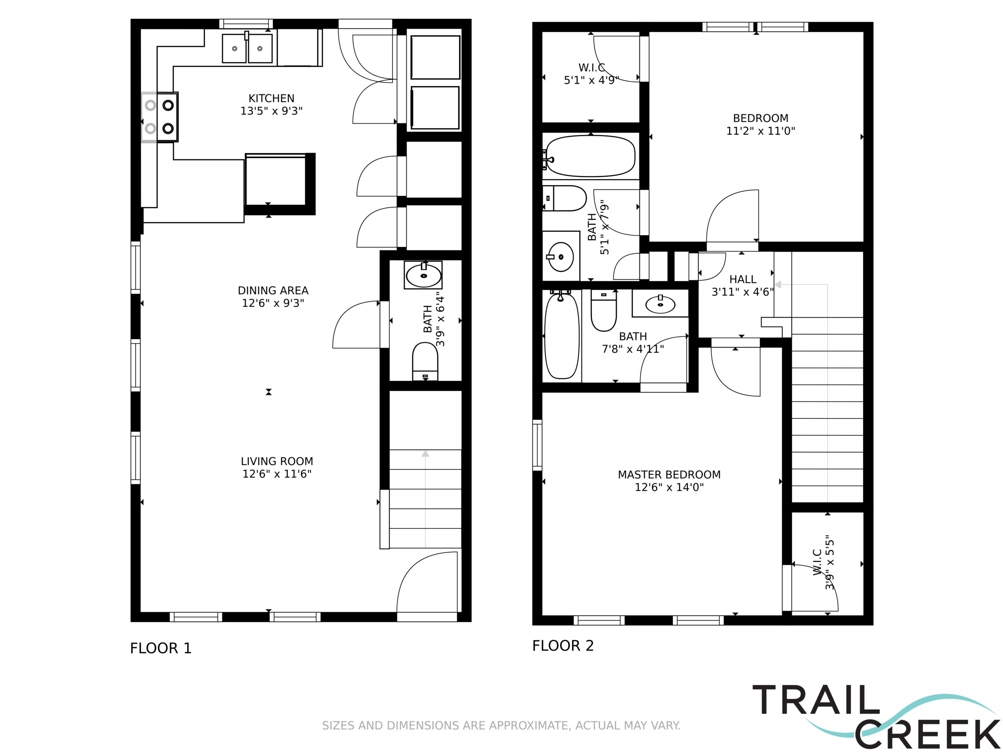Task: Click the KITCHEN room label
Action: click(271, 98)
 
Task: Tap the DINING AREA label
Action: click(273, 291)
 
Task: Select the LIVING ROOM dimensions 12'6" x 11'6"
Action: click(277, 474)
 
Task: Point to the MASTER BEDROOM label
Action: click(669, 475)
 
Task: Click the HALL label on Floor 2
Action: click(743, 279)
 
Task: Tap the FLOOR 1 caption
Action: click(161, 648)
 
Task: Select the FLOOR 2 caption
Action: click(563, 645)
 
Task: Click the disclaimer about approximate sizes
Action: click(501, 725)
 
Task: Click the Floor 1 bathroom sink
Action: click(424, 275)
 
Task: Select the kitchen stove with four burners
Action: click(159, 117)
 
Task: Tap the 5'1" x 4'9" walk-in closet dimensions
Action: click(591, 80)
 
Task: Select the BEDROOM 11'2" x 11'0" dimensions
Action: click(760, 131)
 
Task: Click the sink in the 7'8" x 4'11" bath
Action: click(660, 304)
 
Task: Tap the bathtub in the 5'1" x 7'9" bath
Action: click(590, 156)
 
